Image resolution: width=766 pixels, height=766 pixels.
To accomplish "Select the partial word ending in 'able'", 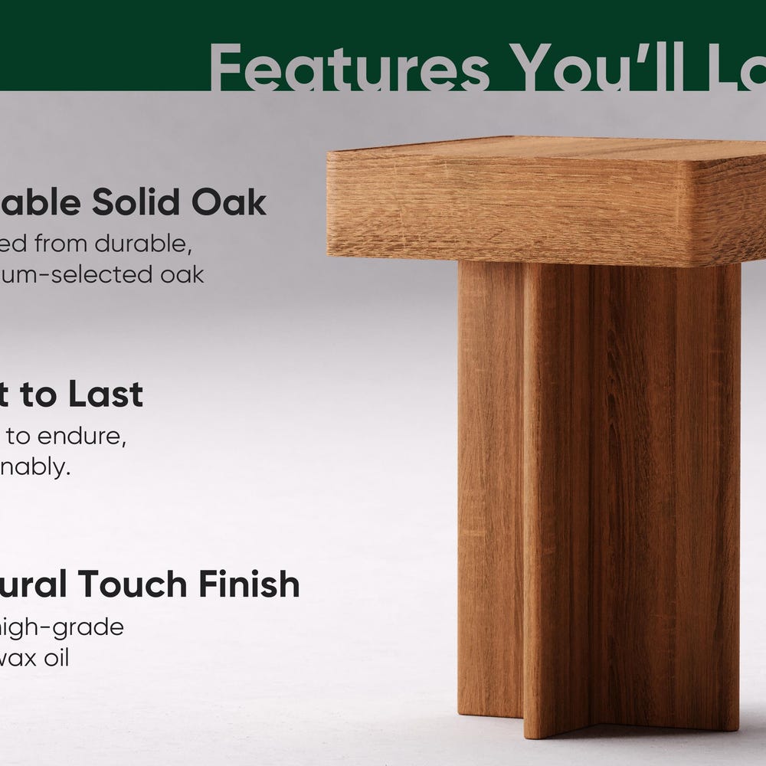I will [x=41, y=202].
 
